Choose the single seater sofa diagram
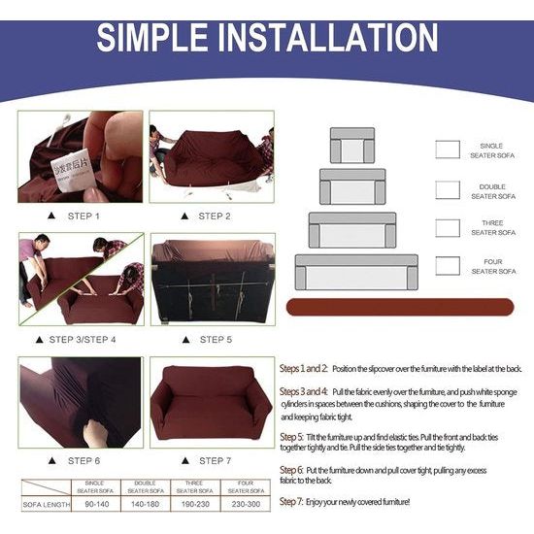click(351, 146)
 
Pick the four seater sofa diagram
click(355, 273)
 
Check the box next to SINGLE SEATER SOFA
click(448, 150)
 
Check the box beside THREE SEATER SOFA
click(448, 228)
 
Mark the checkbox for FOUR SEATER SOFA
click(448, 266)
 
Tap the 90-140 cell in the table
click(95, 505)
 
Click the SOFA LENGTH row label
click(44, 505)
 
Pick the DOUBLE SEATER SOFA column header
click(146, 485)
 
